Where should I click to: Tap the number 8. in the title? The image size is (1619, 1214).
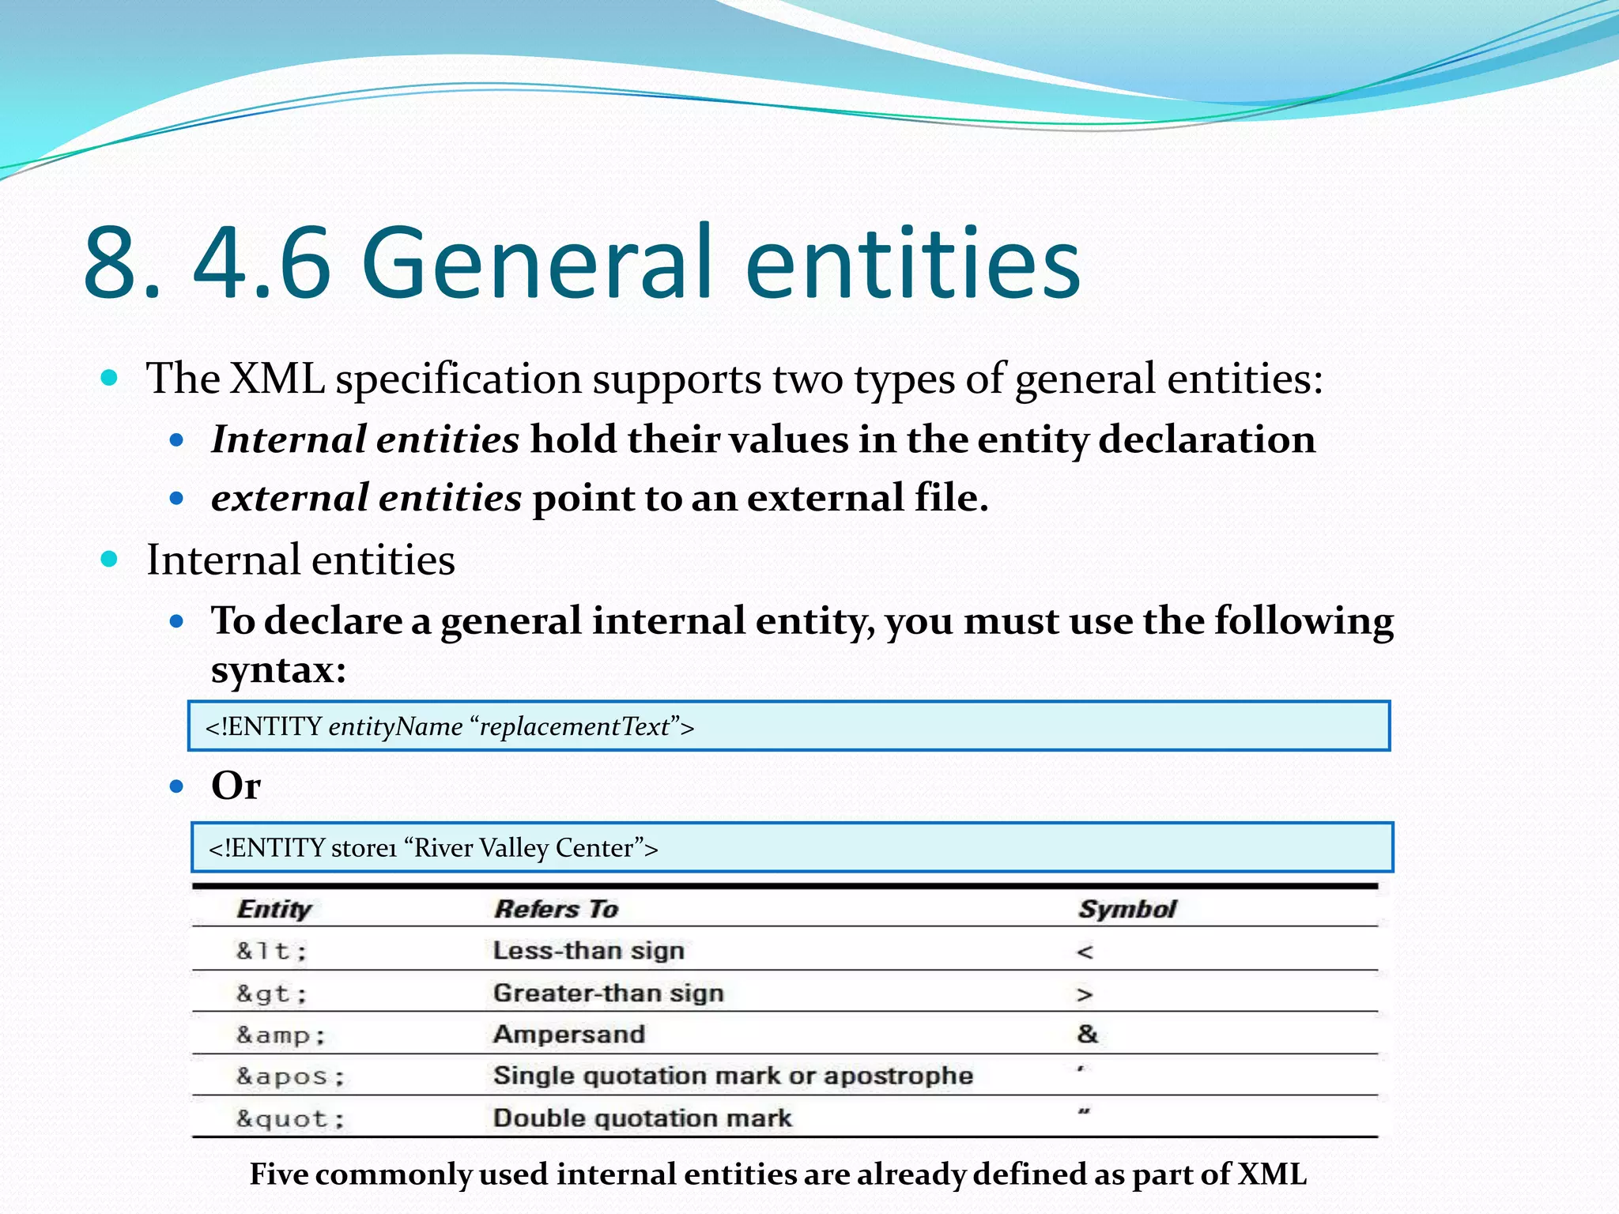123,263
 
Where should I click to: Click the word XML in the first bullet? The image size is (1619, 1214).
277,379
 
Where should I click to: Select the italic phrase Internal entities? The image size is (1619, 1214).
365,439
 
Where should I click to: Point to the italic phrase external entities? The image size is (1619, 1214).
366,498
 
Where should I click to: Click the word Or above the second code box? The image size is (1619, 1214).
236,786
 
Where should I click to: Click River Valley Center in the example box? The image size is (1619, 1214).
524,848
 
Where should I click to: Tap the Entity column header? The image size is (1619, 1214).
274,909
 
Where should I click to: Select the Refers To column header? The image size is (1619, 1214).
556,909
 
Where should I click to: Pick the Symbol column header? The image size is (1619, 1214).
1127,909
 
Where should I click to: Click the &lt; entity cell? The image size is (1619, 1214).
271,951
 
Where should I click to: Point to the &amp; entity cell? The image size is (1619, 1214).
281,1035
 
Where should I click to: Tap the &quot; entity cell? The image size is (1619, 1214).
290,1119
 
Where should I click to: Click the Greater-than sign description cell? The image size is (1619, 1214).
608,993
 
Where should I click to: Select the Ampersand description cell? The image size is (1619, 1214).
569,1035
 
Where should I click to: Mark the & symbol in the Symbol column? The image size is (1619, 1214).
1088,1034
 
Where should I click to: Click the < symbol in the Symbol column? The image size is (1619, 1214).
1085,952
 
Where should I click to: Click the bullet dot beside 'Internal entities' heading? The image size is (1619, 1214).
110,560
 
